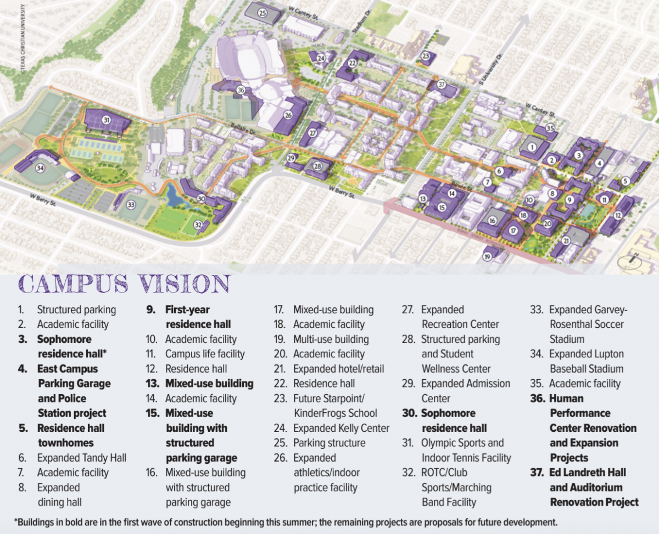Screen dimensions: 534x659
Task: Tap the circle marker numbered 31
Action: (x=107, y=120)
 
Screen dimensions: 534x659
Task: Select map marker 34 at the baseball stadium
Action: (x=40, y=167)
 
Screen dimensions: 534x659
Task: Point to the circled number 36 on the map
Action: (x=241, y=90)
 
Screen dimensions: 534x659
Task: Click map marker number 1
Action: (x=532, y=147)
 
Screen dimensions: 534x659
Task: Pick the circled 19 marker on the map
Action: (x=487, y=256)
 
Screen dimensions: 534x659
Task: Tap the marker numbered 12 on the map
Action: (x=618, y=216)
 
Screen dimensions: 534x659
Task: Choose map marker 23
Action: (x=425, y=56)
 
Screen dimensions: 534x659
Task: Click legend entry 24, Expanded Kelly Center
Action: (x=341, y=428)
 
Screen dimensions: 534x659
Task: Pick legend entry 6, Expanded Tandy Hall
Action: (x=81, y=458)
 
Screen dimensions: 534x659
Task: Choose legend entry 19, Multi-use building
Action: (x=331, y=339)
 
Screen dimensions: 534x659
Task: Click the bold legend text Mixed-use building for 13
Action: (x=209, y=384)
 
